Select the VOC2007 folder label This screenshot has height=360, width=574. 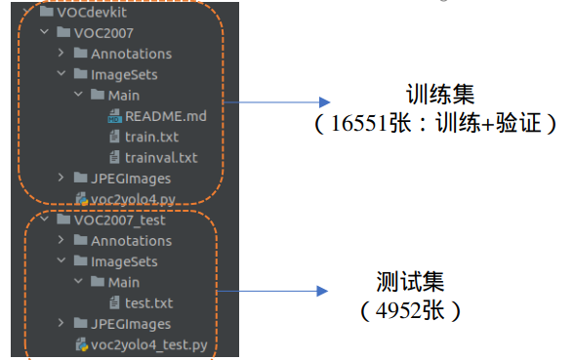click(x=102, y=32)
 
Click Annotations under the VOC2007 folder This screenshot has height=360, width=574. click(x=131, y=53)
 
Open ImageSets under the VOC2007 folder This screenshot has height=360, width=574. click(x=124, y=74)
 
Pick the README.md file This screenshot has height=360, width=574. click(x=165, y=116)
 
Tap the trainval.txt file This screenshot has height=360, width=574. click(x=161, y=157)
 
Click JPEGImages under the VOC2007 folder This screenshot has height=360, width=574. click(x=131, y=179)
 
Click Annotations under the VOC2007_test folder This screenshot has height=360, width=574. click(x=131, y=240)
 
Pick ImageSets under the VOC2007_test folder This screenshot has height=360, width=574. click(x=124, y=261)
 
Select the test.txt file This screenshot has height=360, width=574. click(x=149, y=302)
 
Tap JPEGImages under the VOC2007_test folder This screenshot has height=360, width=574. click(x=131, y=324)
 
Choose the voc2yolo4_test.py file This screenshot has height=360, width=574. click(x=147, y=344)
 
